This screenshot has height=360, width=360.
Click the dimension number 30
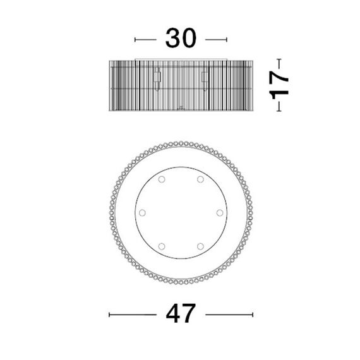[x=181, y=38]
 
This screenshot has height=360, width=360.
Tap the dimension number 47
[x=181, y=313]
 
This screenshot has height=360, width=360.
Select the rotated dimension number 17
[x=279, y=85]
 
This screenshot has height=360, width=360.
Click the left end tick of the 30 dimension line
[x=135, y=40]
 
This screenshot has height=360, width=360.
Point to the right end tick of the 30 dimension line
[x=227, y=40]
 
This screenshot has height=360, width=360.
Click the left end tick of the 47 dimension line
[x=109, y=315]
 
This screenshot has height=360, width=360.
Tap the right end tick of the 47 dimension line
[x=253, y=315]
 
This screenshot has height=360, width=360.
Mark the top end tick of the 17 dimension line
[x=279, y=59]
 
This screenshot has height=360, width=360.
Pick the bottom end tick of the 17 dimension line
[x=279, y=111]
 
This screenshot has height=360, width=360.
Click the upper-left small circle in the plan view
[x=162, y=179]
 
